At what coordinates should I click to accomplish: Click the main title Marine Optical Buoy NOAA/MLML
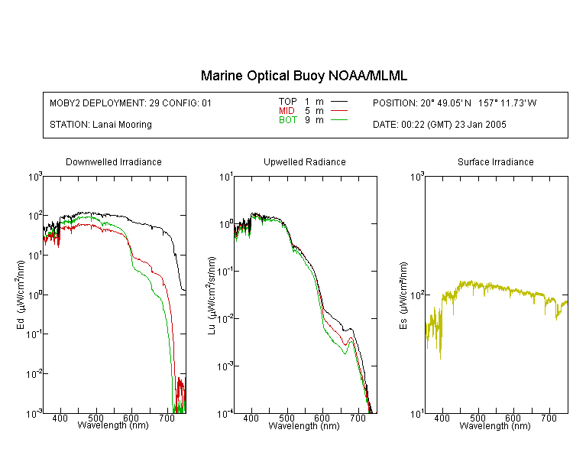click(304, 76)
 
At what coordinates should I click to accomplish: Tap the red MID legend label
click(286, 110)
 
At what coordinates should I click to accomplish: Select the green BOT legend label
click(288, 120)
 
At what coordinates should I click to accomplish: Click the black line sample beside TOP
click(338, 101)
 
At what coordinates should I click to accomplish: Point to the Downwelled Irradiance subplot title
click(114, 161)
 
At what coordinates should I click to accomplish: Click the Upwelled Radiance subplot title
click(304, 161)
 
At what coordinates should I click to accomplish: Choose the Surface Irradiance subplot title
click(496, 161)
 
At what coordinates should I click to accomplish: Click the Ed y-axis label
click(21, 295)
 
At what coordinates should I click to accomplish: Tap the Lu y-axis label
click(212, 295)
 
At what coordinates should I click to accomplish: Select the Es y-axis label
click(403, 295)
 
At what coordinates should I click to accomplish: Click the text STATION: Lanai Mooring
click(101, 125)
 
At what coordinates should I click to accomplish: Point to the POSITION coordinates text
click(455, 103)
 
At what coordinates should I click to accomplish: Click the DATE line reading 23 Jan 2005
click(439, 125)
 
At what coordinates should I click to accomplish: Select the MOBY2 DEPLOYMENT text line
click(131, 103)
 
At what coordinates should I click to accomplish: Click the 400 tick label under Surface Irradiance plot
click(442, 418)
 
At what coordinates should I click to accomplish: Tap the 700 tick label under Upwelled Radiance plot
click(358, 418)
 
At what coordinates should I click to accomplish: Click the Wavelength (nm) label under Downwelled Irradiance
click(113, 425)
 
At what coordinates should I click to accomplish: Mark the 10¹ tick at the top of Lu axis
click(226, 177)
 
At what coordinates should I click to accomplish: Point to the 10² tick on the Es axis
click(418, 295)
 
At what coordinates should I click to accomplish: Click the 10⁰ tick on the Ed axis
click(35, 295)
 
